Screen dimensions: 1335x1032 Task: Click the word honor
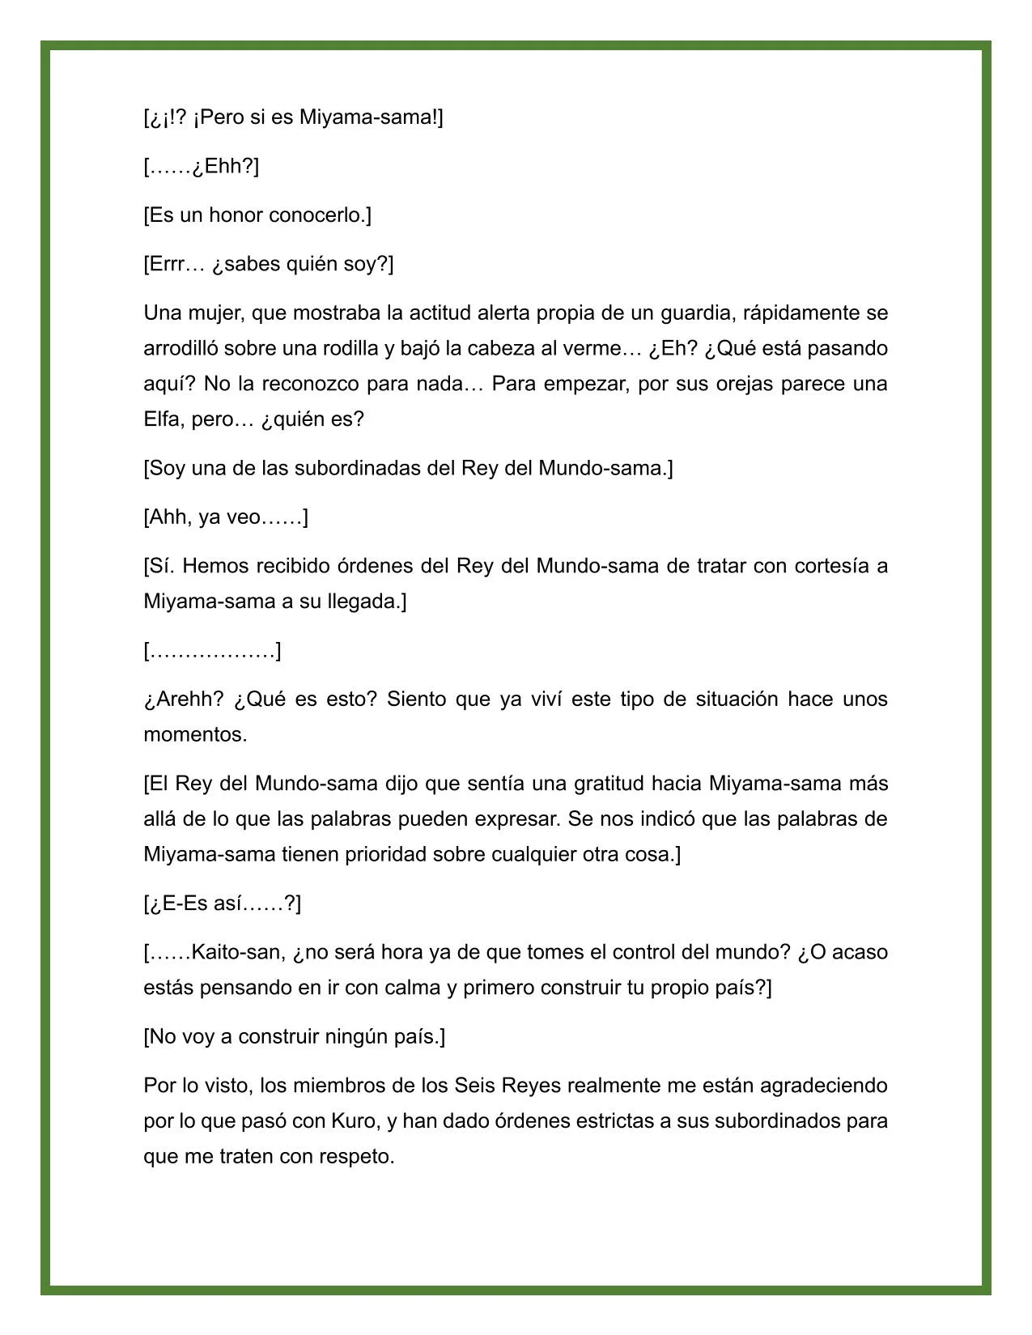(236, 215)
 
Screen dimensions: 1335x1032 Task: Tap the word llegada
(367, 602)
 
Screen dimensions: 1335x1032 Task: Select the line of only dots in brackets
(212, 651)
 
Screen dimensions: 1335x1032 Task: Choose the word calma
(412, 988)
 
